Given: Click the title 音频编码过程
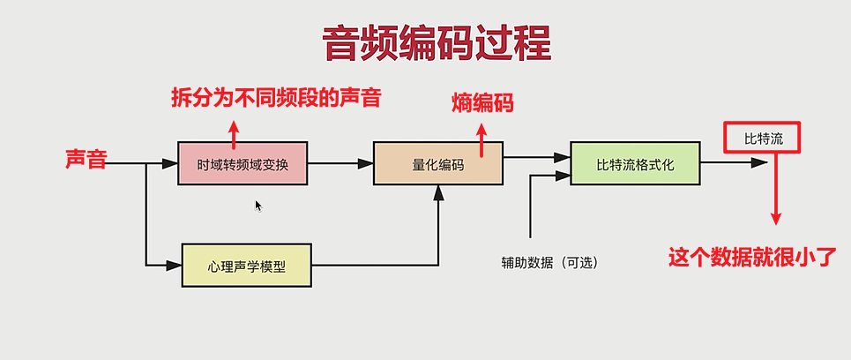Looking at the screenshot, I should [x=437, y=43].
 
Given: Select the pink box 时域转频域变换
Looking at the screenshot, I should [x=243, y=163].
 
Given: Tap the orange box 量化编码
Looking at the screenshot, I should [x=437, y=163].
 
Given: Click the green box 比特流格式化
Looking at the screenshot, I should [x=635, y=163].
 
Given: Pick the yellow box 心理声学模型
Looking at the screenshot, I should [x=247, y=265].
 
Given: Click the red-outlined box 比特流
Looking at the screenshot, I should [x=761, y=138].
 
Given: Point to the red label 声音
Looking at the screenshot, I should [x=86, y=159].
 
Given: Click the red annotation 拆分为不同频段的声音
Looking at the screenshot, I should [x=276, y=97].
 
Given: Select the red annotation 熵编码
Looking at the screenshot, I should [x=481, y=103].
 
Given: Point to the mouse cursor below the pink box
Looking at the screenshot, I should [x=258, y=206].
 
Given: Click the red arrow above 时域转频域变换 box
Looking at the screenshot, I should [x=234, y=132].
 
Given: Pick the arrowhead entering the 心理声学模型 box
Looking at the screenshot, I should [x=175, y=264].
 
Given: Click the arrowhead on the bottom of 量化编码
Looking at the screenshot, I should [x=438, y=192].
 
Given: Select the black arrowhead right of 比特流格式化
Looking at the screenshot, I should [x=758, y=163].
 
